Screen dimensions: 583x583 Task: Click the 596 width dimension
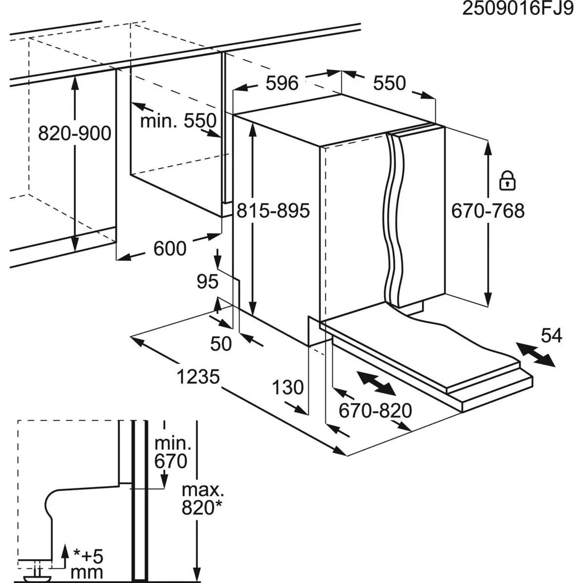point(282,83)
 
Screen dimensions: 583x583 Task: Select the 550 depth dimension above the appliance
point(389,83)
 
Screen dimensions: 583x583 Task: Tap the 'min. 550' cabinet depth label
point(177,120)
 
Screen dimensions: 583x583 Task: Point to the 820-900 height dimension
point(74,133)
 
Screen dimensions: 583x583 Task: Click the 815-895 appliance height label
point(273,211)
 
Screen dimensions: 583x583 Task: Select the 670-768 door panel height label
point(487,211)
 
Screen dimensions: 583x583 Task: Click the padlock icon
point(507,180)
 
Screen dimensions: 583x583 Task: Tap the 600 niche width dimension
point(170,249)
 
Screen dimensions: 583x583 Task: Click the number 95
point(207,282)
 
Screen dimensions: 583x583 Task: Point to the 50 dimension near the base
point(221,344)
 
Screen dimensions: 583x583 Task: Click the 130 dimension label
point(287,388)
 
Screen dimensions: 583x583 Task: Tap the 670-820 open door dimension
point(375,411)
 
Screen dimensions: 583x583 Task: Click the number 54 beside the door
point(551,335)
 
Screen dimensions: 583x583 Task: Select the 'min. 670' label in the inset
point(171,452)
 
